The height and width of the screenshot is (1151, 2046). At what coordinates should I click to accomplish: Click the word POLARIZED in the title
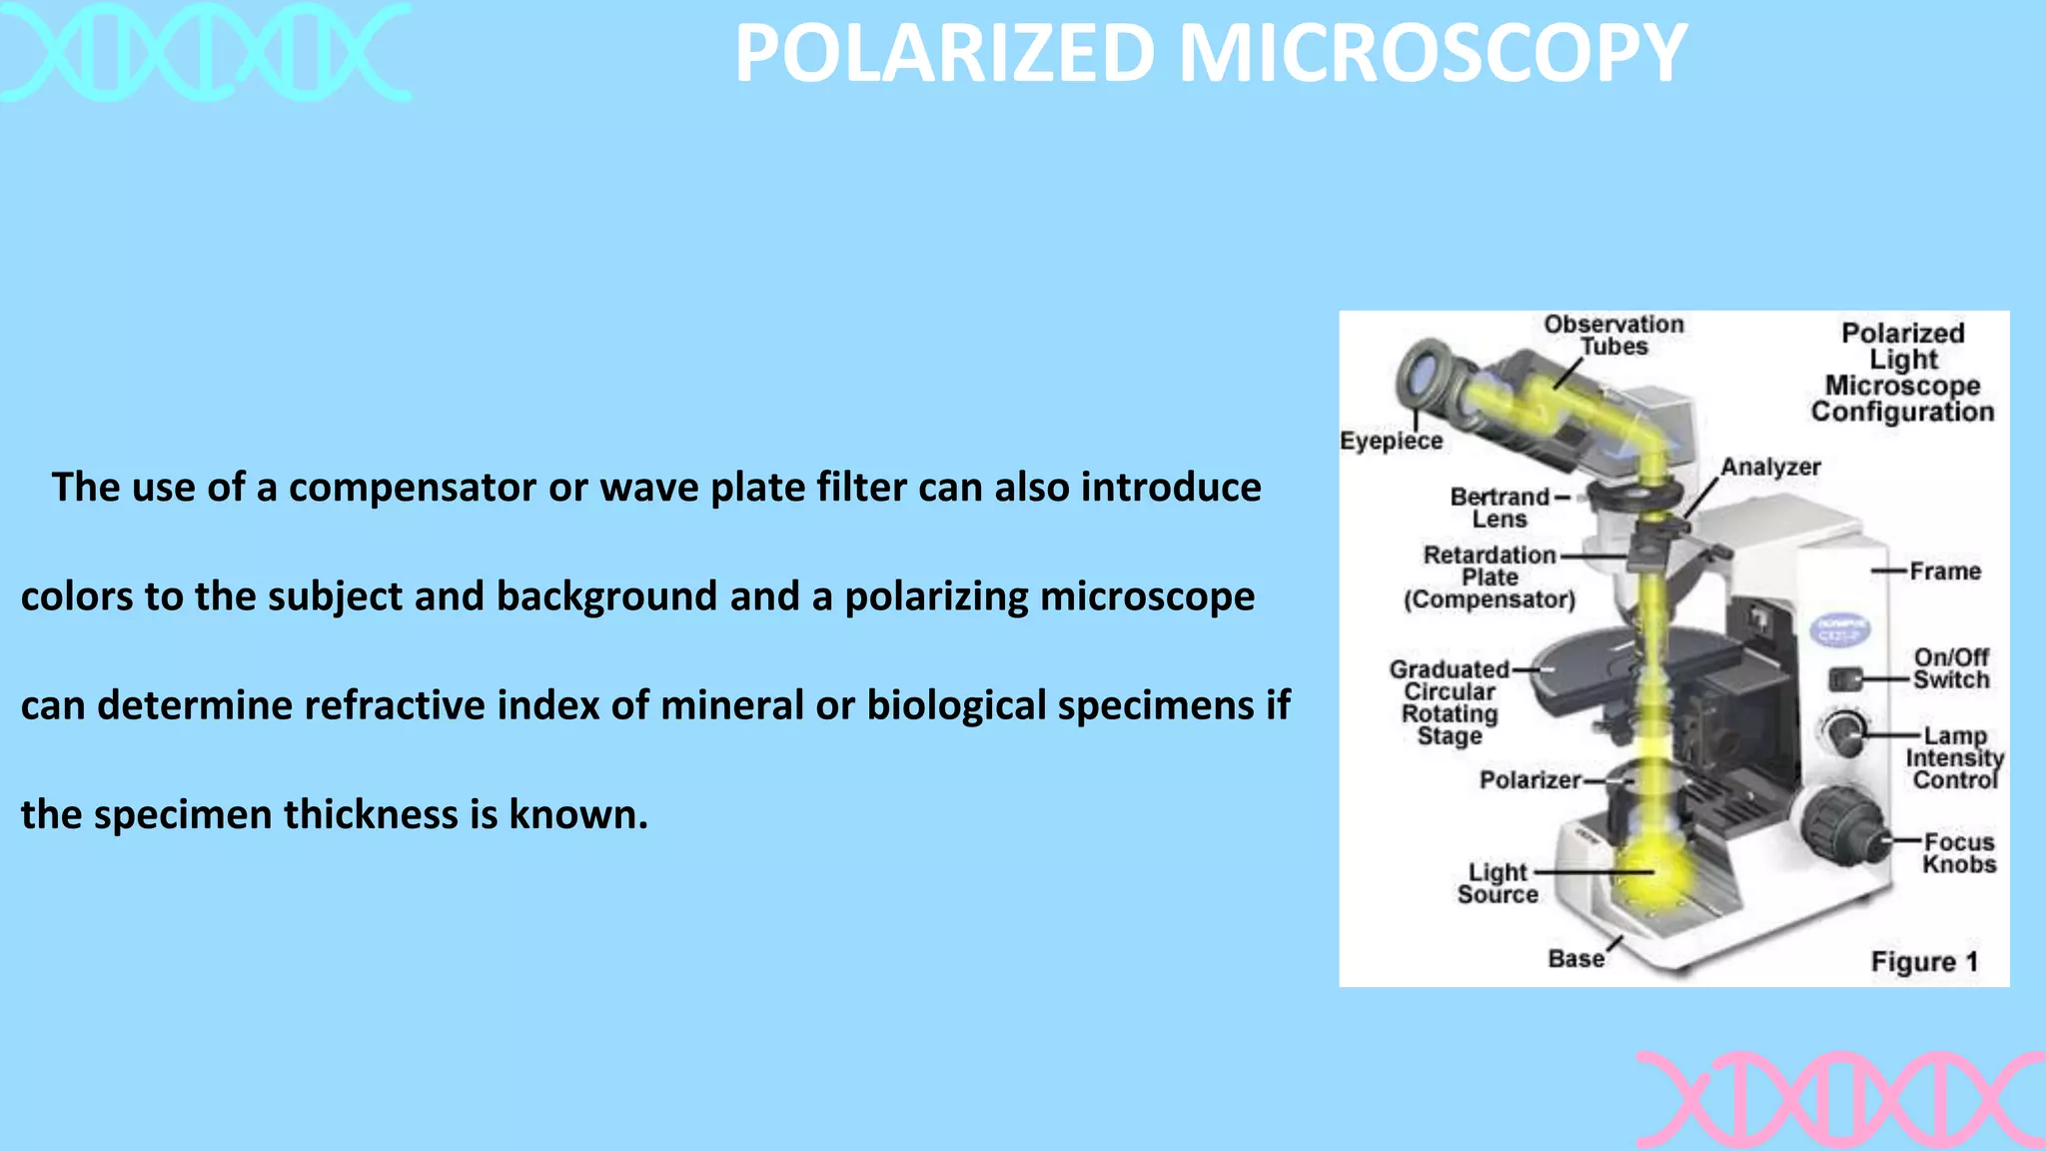click(x=944, y=54)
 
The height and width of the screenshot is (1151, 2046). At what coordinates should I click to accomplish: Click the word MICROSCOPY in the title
click(x=1433, y=54)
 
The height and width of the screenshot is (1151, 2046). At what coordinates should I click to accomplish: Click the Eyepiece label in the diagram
click(x=1391, y=441)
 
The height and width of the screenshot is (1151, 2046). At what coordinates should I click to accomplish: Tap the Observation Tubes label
click(x=1613, y=335)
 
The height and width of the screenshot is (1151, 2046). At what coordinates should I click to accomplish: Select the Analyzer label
click(x=1770, y=467)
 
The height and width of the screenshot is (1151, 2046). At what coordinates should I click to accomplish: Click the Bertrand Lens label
click(x=1500, y=508)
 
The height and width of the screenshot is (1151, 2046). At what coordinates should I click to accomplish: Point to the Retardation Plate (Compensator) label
click(x=1490, y=577)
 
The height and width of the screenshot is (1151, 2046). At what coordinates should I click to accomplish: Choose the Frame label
click(x=1944, y=572)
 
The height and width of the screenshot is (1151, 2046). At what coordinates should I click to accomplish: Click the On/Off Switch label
click(x=1950, y=668)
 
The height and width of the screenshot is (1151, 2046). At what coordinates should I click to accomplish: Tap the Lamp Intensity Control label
click(x=1954, y=757)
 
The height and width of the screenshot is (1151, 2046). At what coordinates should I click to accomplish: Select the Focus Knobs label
click(x=1958, y=853)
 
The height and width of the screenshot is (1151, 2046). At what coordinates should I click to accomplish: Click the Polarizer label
click(x=1530, y=779)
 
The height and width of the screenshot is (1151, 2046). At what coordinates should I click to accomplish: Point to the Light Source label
click(x=1497, y=883)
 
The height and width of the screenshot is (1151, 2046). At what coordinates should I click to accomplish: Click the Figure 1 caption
click(x=1923, y=961)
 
